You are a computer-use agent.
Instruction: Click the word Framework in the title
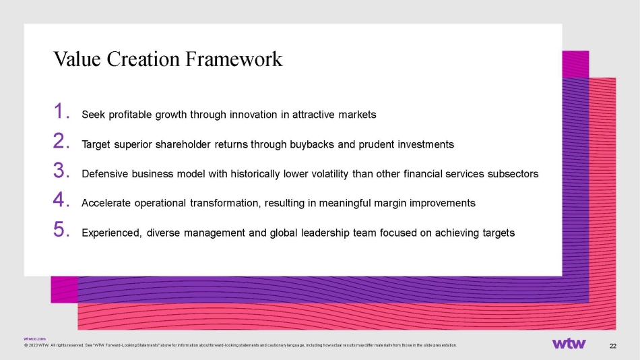click(x=234, y=59)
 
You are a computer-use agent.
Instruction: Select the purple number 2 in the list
click(x=61, y=141)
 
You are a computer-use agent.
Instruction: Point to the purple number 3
click(x=61, y=171)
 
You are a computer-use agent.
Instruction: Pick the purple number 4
click(x=61, y=200)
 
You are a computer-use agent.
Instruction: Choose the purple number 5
click(x=61, y=229)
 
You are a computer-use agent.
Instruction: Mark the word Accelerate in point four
click(x=106, y=204)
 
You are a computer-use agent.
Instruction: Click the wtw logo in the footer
click(x=569, y=344)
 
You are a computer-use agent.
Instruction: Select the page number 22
click(x=613, y=346)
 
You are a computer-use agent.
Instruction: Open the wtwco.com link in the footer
click(x=34, y=338)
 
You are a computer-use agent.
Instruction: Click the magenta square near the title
click(x=575, y=64)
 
